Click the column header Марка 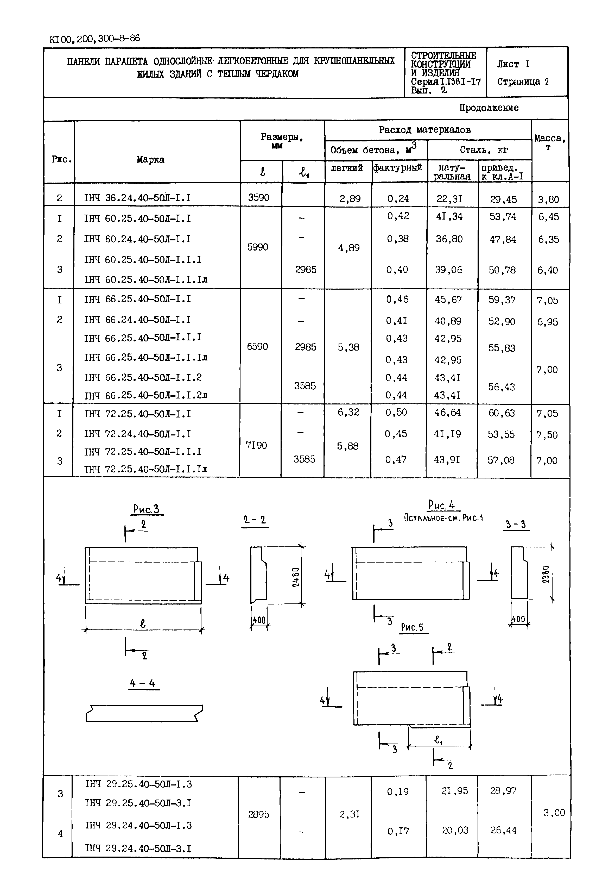150,160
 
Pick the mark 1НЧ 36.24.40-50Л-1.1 138,198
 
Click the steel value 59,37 502,300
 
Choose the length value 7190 256,446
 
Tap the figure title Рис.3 146,509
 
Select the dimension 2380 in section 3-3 546,574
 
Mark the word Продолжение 489,108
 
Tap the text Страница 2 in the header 523,82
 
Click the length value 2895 258,814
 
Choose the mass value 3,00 554,813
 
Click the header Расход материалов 425,130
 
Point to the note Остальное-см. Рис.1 443,518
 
